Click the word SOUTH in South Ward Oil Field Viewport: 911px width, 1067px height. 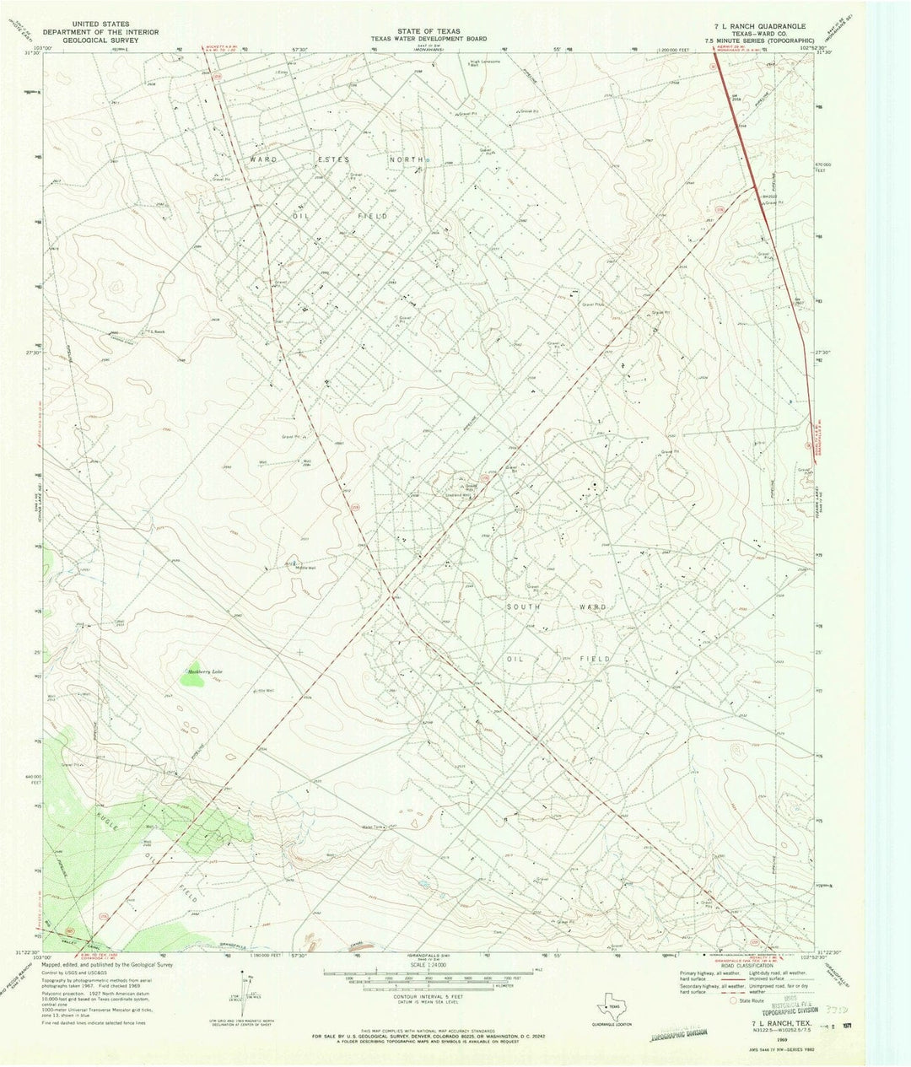522,606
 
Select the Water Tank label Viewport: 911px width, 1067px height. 372,827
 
